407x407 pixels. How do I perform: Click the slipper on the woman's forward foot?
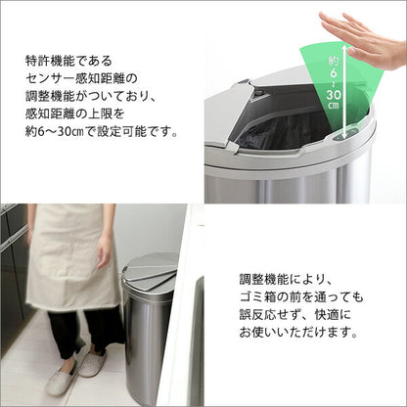[x=62, y=380]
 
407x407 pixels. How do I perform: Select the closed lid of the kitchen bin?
[x=153, y=273]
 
